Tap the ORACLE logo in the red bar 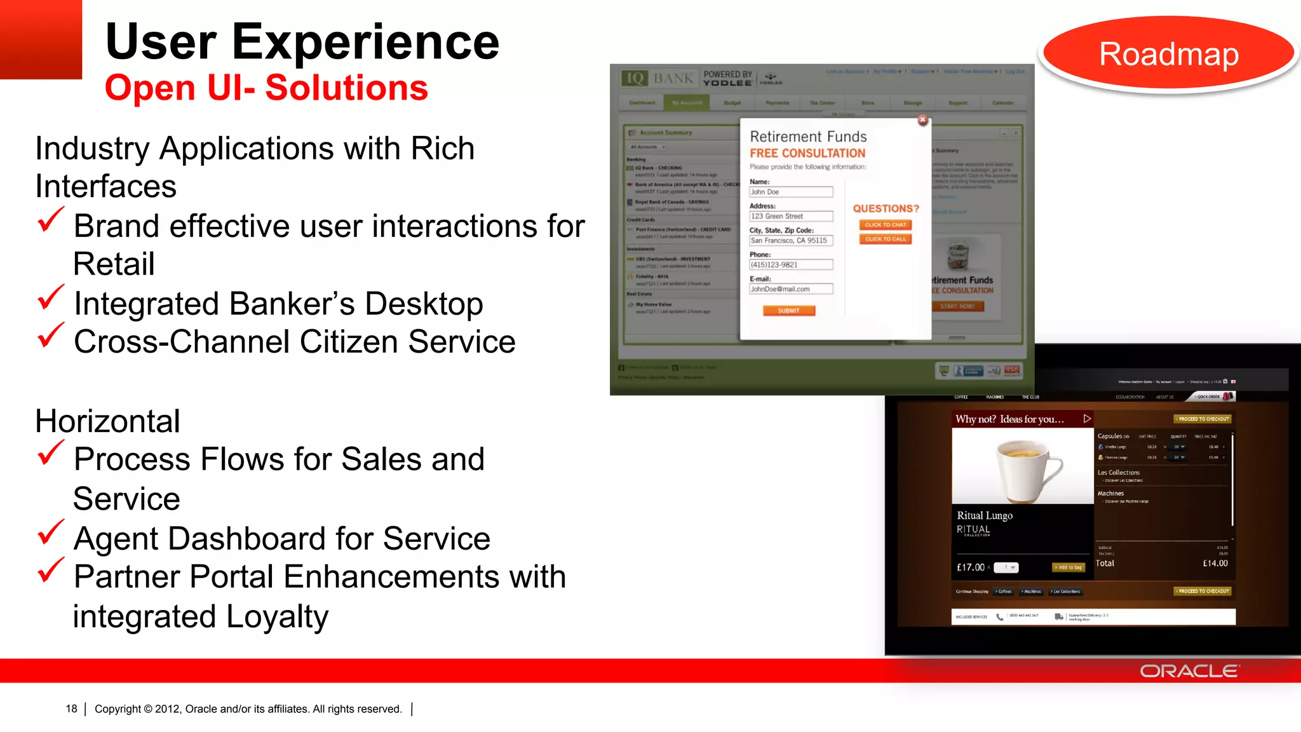[1189, 671]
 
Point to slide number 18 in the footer [71, 708]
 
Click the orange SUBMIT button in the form [788, 311]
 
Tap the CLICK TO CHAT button [886, 225]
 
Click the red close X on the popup [922, 120]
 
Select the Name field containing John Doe [790, 192]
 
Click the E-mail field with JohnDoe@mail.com [790, 289]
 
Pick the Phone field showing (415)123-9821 [790, 265]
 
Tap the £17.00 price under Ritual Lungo [970, 567]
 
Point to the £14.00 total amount [1215, 563]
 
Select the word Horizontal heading [107, 421]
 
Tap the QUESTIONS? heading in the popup [886, 208]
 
